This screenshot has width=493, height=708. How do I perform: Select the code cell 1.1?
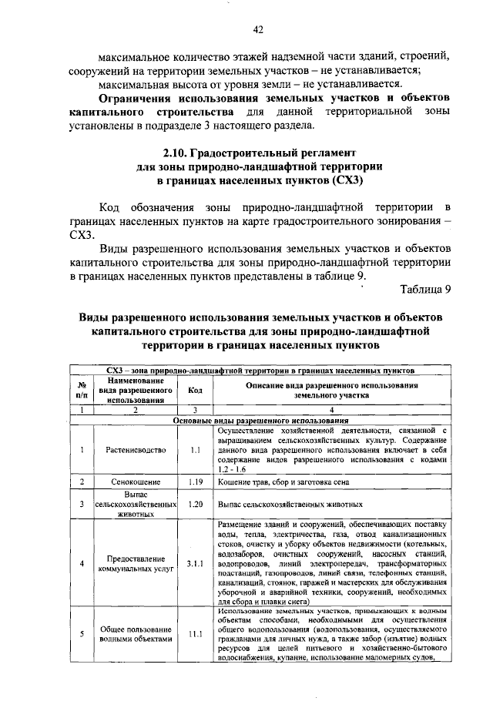[195, 449]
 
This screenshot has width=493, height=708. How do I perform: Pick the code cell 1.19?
[195, 482]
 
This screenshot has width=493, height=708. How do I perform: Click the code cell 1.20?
[195, 504]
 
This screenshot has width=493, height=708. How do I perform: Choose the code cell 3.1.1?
[195, 563]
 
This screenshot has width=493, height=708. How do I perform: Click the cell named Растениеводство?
[132, 449]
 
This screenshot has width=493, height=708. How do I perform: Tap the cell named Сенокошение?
[132, 482]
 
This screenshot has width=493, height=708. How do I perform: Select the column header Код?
[195, 390]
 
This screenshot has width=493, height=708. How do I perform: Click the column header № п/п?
[81, 390]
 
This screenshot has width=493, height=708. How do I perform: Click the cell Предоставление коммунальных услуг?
[132, 563]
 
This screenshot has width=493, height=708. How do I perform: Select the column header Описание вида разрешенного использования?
[331, 390]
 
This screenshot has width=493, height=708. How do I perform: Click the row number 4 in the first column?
[81, 563]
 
